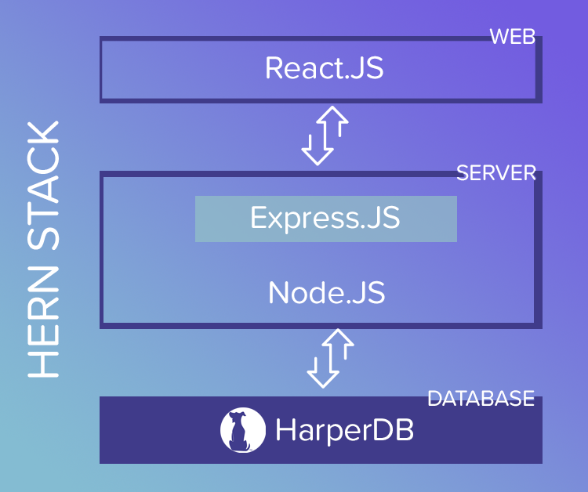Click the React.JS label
click(x=324, y=68)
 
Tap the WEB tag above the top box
click(x=512, y=37)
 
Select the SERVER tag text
click(x=495, y=173)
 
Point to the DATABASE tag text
click(x=481, y=399)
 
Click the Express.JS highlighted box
click(x=325, y=219)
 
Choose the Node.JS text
click(x=326, y=292)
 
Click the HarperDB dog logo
click(x=240, y=430)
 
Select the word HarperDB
click(x=344, y=430)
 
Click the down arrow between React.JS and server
click(x=318, y=145)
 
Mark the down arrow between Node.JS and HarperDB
click(x=321, y=368)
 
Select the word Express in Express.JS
click(x=302, y=219)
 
